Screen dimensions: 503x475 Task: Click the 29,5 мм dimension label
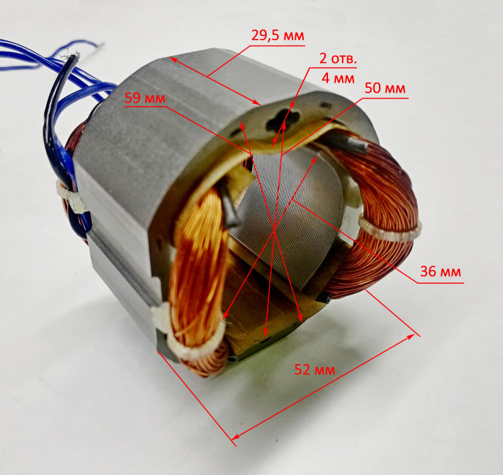click(x=278, y=36)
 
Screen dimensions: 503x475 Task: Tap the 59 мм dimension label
click(x=145, y=98)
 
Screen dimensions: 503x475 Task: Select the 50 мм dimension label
click(x=385, y=89)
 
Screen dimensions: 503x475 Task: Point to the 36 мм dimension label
click(x=441, y=272)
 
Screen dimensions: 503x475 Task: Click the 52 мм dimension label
click(x=315, y=370)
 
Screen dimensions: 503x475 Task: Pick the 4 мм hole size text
click(x=338, y=78)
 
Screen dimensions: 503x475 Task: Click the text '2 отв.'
click(x=338, y=59)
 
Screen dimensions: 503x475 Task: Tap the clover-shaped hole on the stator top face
click(x=282, y=120)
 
